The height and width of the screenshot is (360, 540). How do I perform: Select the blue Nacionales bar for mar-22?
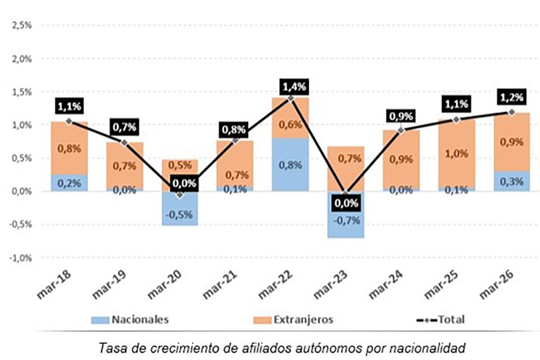click(290, 164)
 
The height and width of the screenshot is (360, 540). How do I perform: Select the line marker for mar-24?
click(401, 130)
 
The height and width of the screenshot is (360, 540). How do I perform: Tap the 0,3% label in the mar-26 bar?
click(511, 182)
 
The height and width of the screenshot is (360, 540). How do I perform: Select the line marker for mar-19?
click(124, 143)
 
